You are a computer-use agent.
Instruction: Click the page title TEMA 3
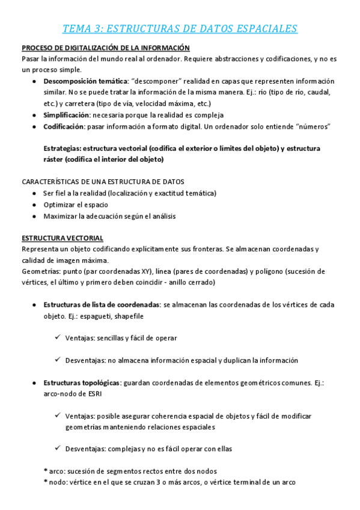[180, 28]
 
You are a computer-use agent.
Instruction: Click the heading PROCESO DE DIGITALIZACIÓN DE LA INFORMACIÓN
[106, 48]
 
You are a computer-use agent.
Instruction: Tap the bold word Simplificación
[66, 114]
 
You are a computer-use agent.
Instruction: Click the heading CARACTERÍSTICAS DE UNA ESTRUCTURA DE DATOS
[103, 182]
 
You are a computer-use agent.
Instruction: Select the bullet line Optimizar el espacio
[75, 204]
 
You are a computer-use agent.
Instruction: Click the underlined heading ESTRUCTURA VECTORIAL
[63, 238]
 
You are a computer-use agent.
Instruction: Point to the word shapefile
[126, 316]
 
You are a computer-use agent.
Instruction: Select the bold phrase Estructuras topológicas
[82, 382]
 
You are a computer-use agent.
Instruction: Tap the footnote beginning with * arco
[130, 471]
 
